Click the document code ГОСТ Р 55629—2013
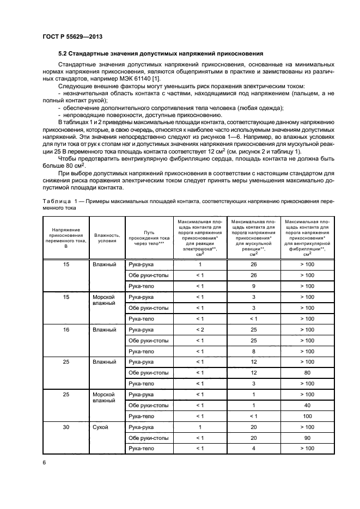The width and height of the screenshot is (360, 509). pos(72,36)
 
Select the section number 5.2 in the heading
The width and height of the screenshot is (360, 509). pos(64,54)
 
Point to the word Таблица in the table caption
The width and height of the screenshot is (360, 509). pos(56,201)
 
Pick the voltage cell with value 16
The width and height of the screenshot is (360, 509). pos(66,330)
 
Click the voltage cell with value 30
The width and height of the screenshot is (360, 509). pos(66,427)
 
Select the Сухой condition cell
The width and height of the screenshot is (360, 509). pos(101,427)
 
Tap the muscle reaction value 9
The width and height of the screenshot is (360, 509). pos(253,286)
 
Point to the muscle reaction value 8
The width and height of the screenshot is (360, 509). pos(253,351)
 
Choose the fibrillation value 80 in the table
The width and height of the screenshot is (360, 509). pos(307,373)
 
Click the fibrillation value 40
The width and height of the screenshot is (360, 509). pos(307,405)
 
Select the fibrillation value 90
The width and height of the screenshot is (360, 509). pos(307,438)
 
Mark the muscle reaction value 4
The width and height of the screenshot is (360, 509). pos(253,449)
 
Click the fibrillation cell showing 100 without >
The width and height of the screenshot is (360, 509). pos(307,416)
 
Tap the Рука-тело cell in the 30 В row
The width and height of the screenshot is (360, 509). pos(142,449)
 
